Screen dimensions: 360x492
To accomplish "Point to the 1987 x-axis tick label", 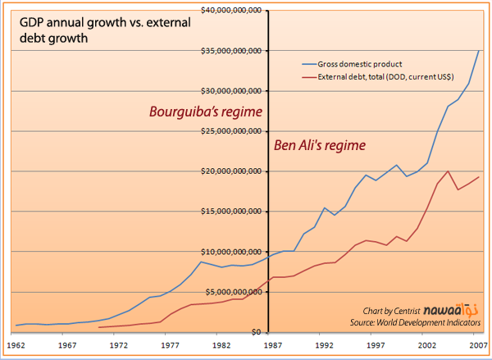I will click(268, 346).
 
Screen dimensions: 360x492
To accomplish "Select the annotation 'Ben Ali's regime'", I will click(318, 145).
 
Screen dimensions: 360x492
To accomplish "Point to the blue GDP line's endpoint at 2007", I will click(478, 51).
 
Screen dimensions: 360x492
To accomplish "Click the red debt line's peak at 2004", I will click(448, 171).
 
